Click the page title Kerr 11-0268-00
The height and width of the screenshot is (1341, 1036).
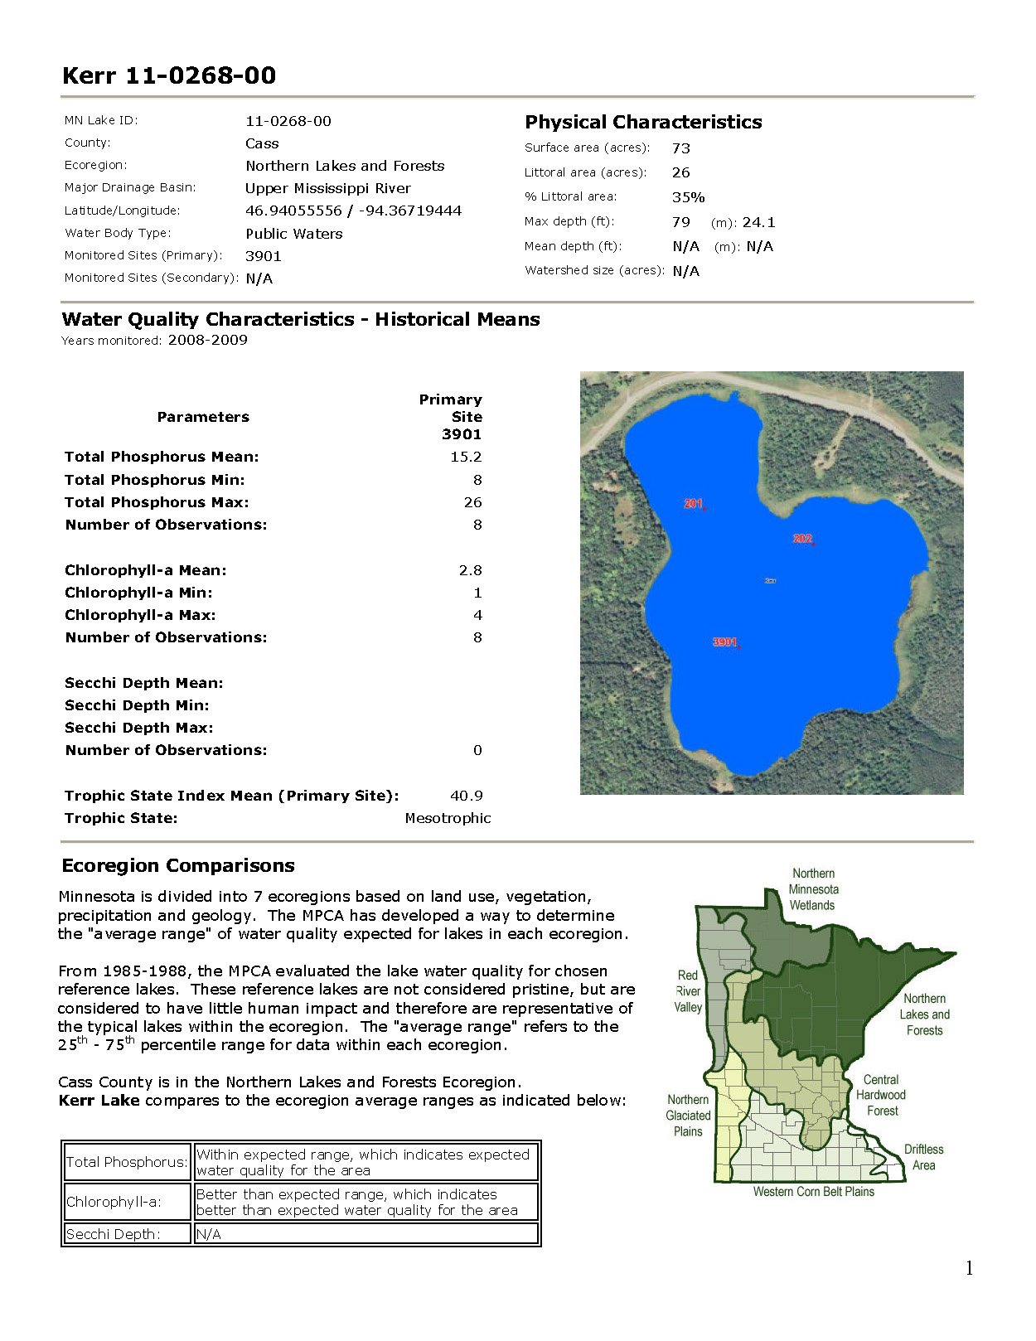[169, 75]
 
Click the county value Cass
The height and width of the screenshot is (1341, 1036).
[262, 143]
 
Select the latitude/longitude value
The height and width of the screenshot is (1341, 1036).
[353, 211]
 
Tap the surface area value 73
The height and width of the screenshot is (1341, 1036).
[681, 148]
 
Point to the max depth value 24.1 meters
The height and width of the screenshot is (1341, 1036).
[758, 222]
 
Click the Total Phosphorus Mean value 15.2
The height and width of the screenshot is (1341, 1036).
[466, 457]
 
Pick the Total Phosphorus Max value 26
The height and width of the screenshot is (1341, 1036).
[472, 502]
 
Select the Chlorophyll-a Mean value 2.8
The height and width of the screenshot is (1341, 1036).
[470, 570]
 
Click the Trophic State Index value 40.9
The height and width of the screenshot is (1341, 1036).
[467, 796]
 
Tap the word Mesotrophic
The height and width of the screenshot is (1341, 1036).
[448, 818]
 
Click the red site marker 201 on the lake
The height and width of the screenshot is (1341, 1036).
[694, 504]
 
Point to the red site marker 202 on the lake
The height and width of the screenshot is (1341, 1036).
[803, 539]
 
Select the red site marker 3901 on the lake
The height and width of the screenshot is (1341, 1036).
[725, 642]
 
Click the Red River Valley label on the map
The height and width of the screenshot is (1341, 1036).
[688, 991]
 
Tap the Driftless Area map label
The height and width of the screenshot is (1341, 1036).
[923, 1157]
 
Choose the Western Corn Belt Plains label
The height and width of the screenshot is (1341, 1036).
[813, 1192]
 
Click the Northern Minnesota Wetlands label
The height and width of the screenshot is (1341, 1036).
[813, 889]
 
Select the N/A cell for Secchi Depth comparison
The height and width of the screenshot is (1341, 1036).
[209, 1234]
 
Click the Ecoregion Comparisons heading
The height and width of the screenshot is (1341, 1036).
[178, 865]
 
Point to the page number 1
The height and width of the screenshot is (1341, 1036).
[969, 1268]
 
